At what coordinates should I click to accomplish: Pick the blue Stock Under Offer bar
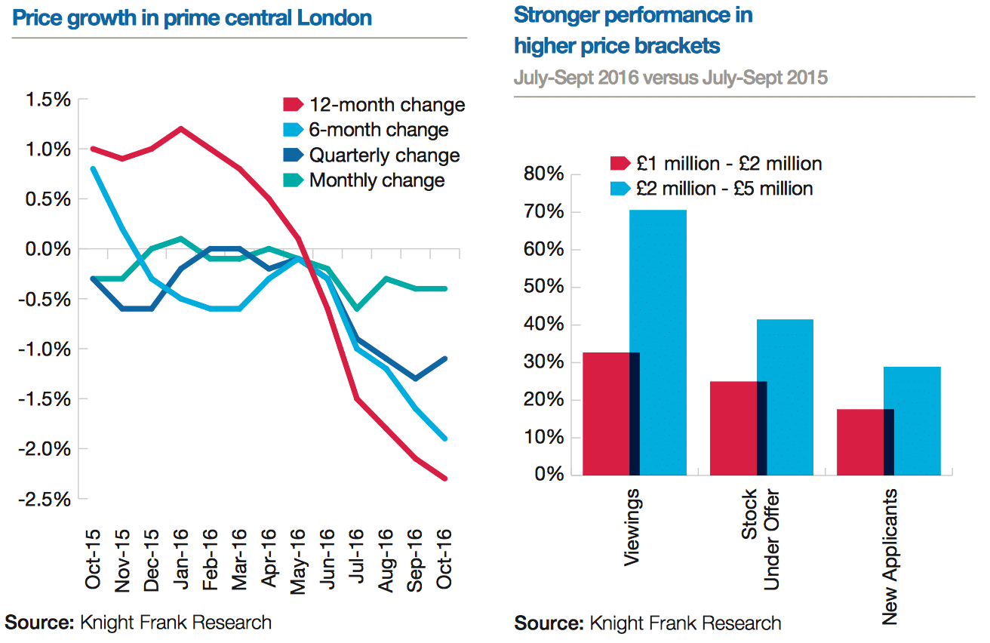click(786, 397)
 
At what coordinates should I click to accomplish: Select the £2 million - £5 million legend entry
click(724, 188)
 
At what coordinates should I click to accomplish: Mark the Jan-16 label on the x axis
click(179, 558)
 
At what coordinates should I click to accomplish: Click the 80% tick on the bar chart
click(545, 175)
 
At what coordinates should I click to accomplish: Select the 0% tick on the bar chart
click(549, 475)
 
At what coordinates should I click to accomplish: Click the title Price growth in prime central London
click(192, 17)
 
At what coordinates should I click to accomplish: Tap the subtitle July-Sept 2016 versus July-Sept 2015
click(671, 78)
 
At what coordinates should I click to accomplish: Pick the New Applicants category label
click(890, 557)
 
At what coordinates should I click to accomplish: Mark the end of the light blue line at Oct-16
click(446, 438)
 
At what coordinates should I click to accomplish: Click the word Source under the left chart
click(38, 623)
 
